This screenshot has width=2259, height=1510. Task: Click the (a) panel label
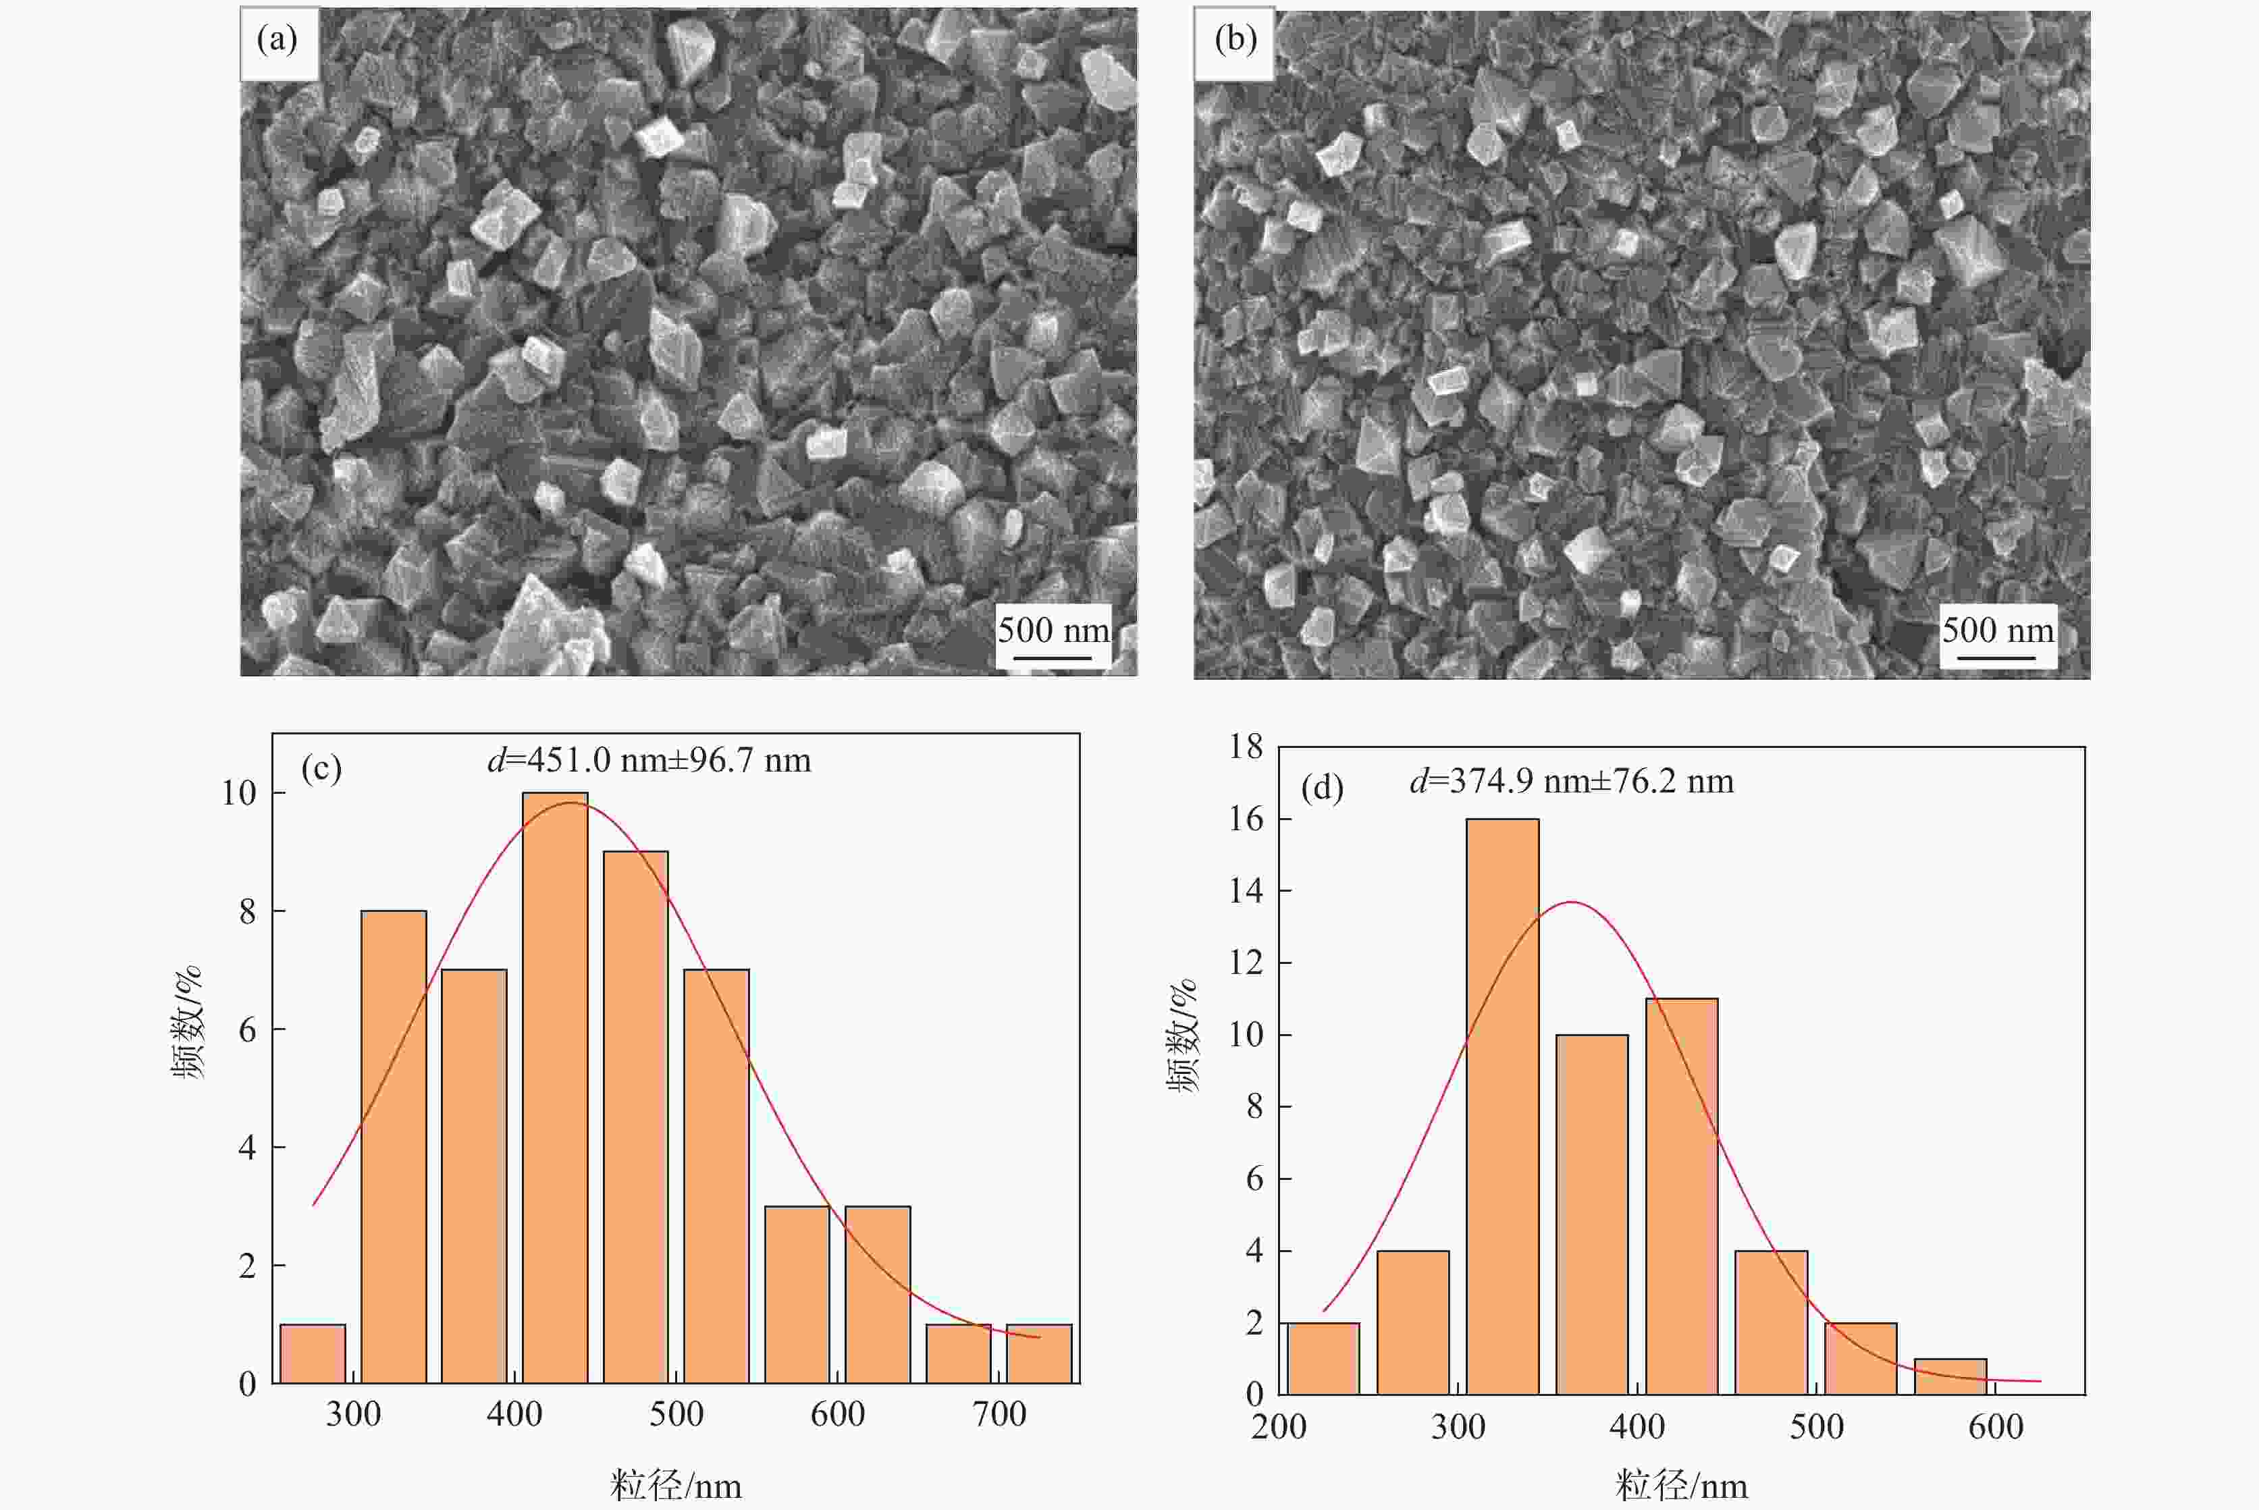click(x=277, y=41)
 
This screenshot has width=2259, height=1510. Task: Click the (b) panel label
click(x=1235, y=41)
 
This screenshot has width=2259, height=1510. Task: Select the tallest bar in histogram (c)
click(x=555, y=1087)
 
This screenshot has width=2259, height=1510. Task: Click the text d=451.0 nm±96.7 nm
click(x=649, y=761)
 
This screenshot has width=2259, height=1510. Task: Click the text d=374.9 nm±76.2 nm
click(x=1572, y=781)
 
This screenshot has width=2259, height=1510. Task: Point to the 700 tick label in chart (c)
click(x=999, y=1413)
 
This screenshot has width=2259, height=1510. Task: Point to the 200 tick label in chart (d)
click(x=1278, y=1426)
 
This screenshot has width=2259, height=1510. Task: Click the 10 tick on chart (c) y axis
click(x=239, y=792)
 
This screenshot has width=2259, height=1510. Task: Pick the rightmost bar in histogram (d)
click(x=1950, y=1376)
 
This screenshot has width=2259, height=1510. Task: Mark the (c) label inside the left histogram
click(x=321, y=768)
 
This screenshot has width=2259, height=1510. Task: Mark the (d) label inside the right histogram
click(x=1322, y=788)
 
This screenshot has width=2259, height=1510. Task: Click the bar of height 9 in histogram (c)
click(x=635, y=1117)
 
